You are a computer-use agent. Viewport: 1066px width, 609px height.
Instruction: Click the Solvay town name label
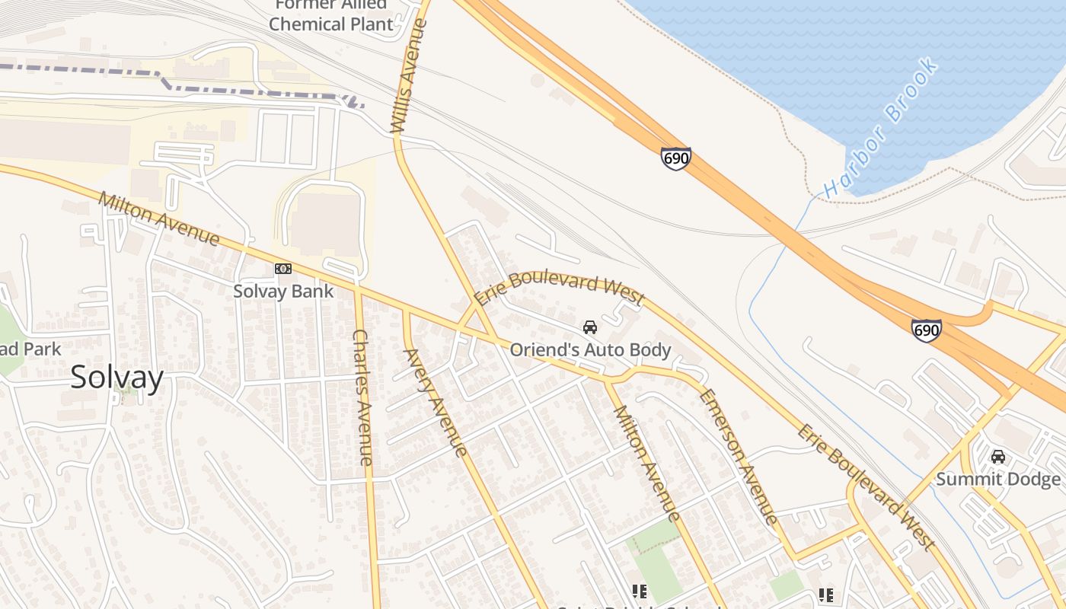point(116,378)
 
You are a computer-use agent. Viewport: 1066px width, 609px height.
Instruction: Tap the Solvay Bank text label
point(283,291)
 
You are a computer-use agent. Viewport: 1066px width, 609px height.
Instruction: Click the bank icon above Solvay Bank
point(283,269)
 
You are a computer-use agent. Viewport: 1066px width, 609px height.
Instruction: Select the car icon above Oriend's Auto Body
point(589,327)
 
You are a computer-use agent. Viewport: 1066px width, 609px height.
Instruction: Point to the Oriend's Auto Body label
point(590,350)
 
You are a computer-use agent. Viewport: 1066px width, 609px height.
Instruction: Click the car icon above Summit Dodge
point(997,457)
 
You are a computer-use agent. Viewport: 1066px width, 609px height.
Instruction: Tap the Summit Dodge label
point(997,479)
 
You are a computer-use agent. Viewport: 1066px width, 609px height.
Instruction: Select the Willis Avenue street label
point(409,76)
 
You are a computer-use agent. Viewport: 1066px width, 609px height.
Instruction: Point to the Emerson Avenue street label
point(739,457)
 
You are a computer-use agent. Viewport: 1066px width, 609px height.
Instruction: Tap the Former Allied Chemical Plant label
point(331,15)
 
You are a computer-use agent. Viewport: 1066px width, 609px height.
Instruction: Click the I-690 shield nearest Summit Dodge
point(926,330)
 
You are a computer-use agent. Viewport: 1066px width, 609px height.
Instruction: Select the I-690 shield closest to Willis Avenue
point(675,158)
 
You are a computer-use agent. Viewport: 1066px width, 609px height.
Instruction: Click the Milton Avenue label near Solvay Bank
point(159,218)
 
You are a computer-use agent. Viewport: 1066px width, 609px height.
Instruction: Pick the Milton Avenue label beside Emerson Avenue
point(646,463)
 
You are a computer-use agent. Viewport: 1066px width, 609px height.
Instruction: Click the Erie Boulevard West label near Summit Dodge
point(866,487)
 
